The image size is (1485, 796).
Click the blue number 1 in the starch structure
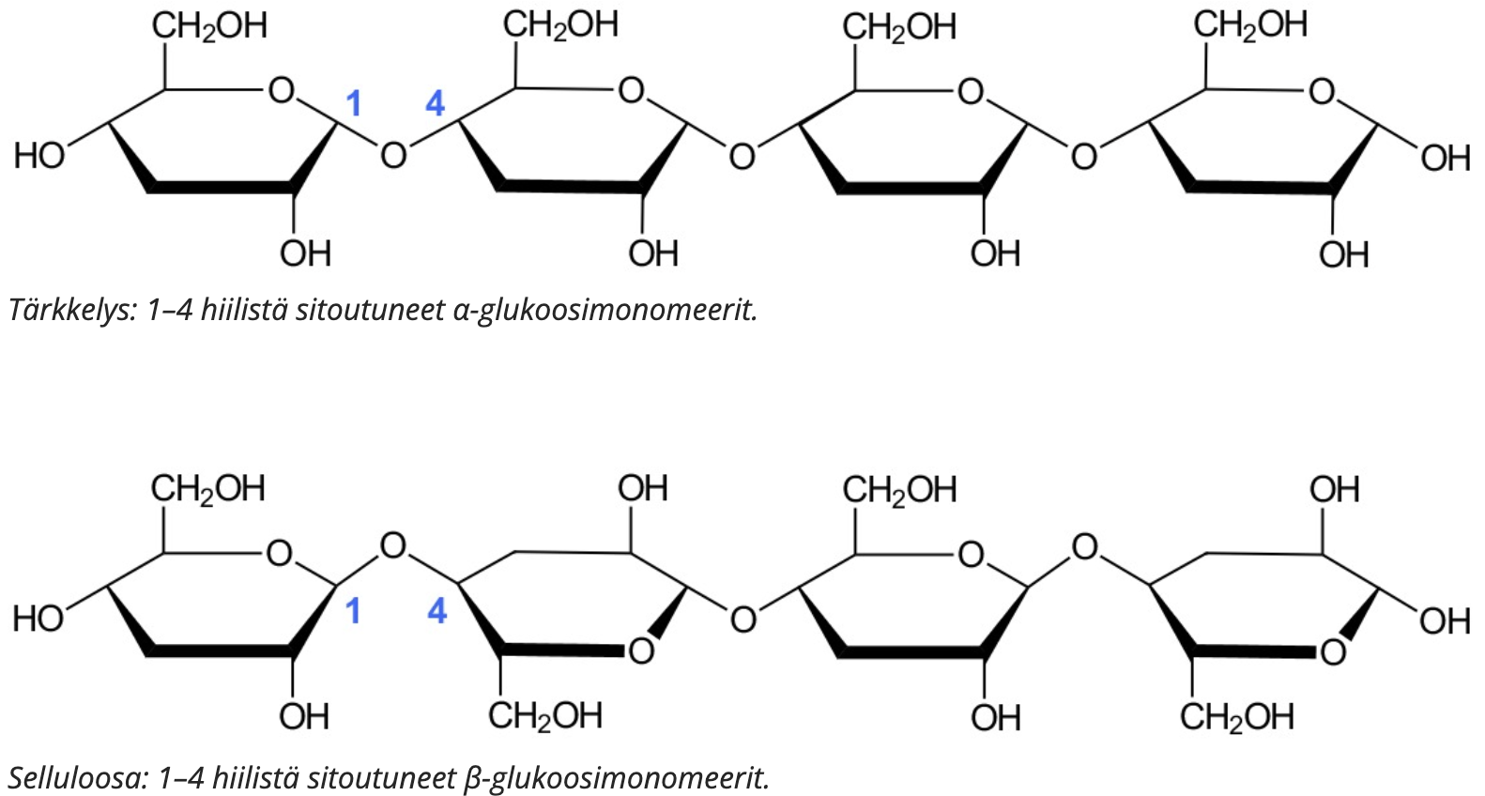click(353, 103)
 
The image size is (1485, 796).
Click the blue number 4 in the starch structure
click(435, 103)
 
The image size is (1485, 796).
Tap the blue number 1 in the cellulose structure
click(353, 611)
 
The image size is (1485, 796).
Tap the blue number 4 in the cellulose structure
click(436, 611)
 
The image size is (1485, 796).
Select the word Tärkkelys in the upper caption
click(72, 309)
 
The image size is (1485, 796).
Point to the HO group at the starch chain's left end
click(38, 156)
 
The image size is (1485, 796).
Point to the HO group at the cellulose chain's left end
click(38, 620)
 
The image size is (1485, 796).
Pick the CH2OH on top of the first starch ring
click(209, 26)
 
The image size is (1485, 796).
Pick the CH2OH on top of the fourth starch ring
click(1250, 26)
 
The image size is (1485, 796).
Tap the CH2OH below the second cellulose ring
click(544, 716)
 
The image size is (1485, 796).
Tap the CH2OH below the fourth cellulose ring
click(1236, 717)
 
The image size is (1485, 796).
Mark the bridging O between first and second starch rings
click(393, 155)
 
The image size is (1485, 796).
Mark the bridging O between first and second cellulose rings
click(393, 545)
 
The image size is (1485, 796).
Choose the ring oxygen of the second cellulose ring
click(641, 650)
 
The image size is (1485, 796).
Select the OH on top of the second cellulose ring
click(643, 489)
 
